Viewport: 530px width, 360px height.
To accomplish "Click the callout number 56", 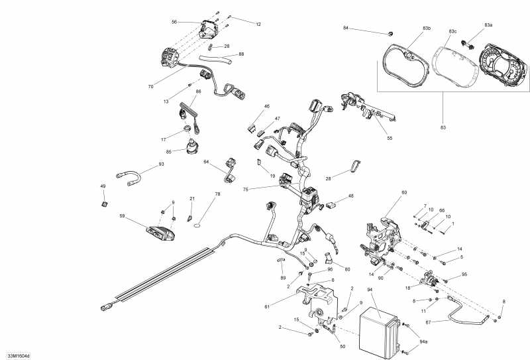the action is coord(174,22).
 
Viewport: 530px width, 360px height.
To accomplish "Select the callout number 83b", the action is coord(427,28).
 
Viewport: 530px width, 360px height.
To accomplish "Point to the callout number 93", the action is coord(161,164).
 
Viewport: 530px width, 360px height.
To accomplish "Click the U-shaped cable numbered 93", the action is coord(129,178).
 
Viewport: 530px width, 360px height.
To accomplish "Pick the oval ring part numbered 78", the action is coord(198,225).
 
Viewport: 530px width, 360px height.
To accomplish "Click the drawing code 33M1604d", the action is coord(19,355).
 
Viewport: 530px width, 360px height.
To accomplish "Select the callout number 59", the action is coord(123,215).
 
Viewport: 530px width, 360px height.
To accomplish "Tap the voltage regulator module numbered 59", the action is coord(160,233).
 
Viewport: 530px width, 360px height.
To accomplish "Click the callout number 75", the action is coord(245,190).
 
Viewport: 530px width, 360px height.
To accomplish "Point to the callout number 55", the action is coord(390,138).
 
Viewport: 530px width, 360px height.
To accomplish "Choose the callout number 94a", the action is coord(423,342).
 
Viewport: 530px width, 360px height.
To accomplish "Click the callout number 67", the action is coord(428,322).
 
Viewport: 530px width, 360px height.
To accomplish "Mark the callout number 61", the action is coord(267,307).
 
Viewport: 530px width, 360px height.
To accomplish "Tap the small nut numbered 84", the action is coord(390,34).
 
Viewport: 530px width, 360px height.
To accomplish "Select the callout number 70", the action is coord(150,87).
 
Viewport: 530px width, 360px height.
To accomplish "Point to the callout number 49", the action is coord(103,186).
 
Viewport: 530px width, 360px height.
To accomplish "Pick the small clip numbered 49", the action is coord(105,204).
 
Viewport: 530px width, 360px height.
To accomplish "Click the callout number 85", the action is coord(169,152).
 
